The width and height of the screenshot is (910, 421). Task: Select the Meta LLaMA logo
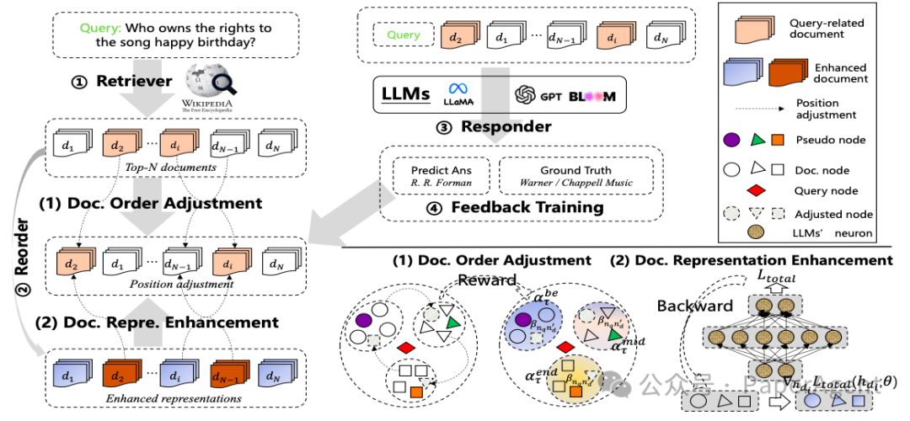click(458, 93)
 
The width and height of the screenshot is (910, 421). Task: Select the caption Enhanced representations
click(174, 398)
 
